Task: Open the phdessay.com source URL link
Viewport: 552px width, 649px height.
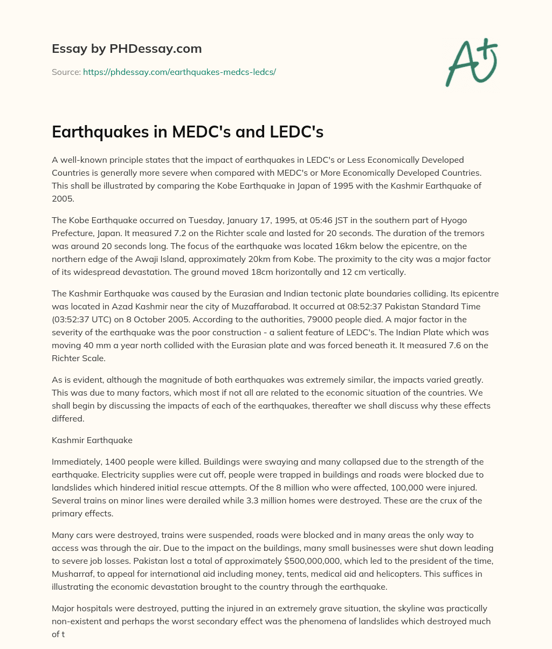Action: [x=180, y=72]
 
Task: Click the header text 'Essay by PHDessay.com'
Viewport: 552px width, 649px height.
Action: [x=127, y=49]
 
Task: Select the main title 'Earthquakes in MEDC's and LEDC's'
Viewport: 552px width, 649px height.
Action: [x=187, y=132]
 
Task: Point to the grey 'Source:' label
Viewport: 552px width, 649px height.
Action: [x=66, y=72]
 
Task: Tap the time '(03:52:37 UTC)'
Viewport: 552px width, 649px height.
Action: [x=84, y=320]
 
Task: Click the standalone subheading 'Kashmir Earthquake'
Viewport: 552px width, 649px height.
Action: [x=92, y=440]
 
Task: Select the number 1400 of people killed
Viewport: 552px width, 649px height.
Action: [x=112, y=462]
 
